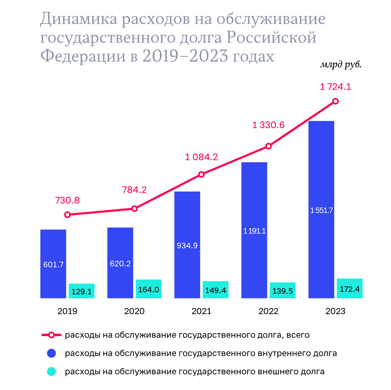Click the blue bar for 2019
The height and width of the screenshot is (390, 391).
pyautogui.click(x=53, y=264)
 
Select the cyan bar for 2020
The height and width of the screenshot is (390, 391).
pyautogui.click(x=148, y=289)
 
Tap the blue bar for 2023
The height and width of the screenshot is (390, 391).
pyautogui.click(x=321, y=209)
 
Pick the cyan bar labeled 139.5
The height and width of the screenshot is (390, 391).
pyautogui.click(x=282, y=290)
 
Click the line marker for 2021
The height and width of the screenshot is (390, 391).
pyautogui.click(x=201, y=175)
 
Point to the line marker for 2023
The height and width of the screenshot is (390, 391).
pyautogui.click(x=336, y=101)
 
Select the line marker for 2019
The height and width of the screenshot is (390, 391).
pyautogui.click(x=68, y=215)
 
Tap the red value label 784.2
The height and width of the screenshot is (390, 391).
pyautogui.click(x=134, y=190)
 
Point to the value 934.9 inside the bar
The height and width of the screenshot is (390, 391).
pyautogui.click(x=187, y=246)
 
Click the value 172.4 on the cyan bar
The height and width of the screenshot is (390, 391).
pyautogui.click(x=350, y=289)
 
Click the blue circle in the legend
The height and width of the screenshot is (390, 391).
pyautogui.click(x=52, y=353)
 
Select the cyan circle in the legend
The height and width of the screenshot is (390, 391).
pyautogui.click(x=52, y=371)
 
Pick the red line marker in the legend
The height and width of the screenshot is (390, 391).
pyautogui.click(x=52, y=335)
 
